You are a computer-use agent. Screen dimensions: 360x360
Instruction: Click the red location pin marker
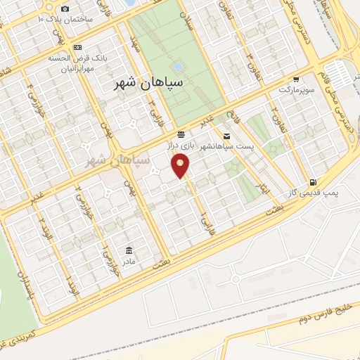click(x=181, y=165)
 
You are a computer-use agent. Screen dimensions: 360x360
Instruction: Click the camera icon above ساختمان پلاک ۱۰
click(x=65, y=8)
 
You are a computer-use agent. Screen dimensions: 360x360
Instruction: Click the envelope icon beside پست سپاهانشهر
click(x=226, y=136)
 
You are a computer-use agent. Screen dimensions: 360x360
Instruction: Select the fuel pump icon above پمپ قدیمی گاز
click(x=312, y=182)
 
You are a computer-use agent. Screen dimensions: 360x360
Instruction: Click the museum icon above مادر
click(x=129, y=251)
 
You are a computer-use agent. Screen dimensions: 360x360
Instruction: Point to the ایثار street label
click(x=260, y=181)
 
